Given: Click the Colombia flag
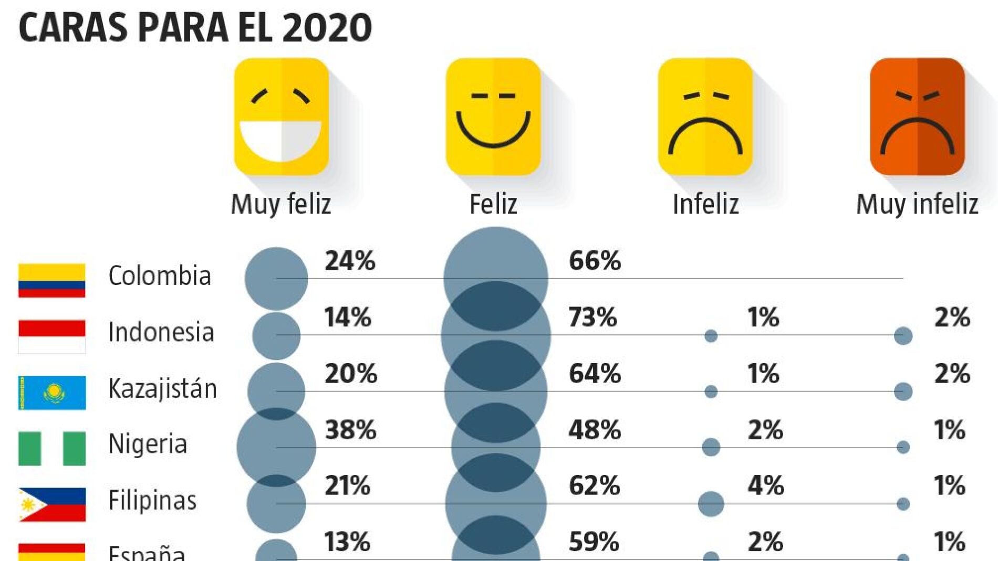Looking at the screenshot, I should pyautogui.click(x=51, y=280).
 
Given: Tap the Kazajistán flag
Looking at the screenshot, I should pyautogui.click(x=51, y=393).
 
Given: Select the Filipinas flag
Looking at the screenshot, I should pyautogui.click(x=51, y=504).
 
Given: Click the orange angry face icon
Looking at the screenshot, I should pyautogui.click(x=917, y=117).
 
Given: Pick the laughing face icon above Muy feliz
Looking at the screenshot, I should pyautogui.click(x=281, y=117).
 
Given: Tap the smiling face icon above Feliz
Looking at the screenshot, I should pyautogui.click(x=493, y=117).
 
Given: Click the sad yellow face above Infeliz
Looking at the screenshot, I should pyautogui.click(x=705, y=117).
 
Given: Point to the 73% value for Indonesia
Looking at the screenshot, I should pyautogui.click(x=592, y=317).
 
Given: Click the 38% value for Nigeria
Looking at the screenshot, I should pyautogui.click(x=350, y=430).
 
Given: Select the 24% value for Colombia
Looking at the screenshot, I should pyautogui.click(x=350, y=261).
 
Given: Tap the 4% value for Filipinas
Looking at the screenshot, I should pyautogui.click(x=766, y=485).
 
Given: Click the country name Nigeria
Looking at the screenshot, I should pyautogui.click(x=148, y=444).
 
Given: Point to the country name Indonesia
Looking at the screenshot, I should pyautogui.click(x=161, y=332).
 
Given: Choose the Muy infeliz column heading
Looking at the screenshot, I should pyautogui.click(x=917, y=204).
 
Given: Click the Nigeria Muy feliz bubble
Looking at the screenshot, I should pyautogui.click(x=276, y=447).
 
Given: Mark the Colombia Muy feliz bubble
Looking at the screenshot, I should pyautogui.click(x=276, y=278).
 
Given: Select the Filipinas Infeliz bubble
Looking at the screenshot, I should pyautogui.click(x=711, y=504).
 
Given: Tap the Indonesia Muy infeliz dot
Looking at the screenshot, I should pyautogui.click(x=903, y=335).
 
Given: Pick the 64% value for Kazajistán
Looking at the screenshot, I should pyautogui.click(x=595, y=374).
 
